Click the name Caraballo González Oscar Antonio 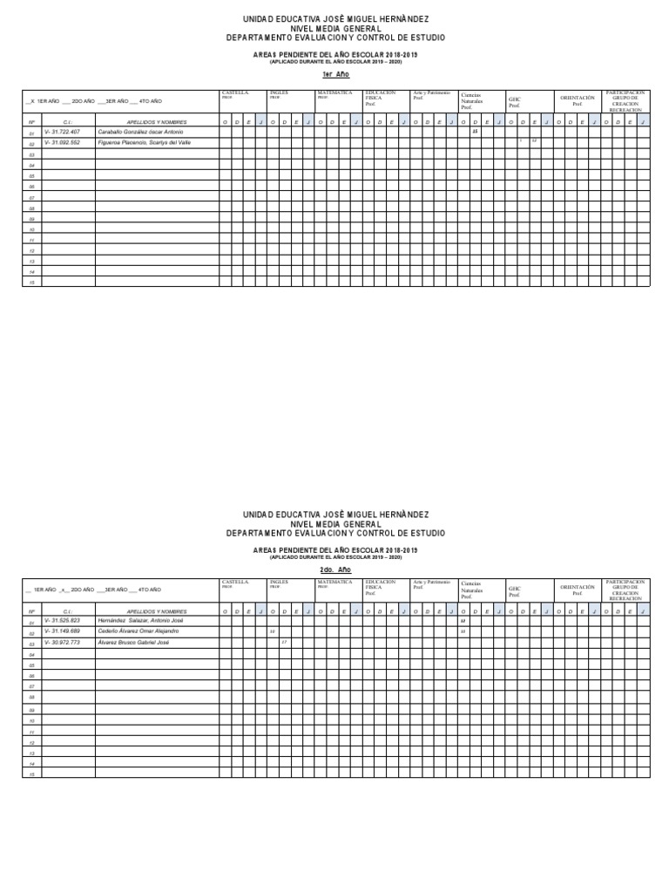click(x=141, y=132)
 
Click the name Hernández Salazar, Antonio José click(x=140, y=620)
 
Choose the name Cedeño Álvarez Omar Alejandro click(x=139, y=631)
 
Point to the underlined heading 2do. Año click(x=335, y=567)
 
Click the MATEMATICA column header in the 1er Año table click(x=334, y=92)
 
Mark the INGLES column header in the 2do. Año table click(x=279, y=581)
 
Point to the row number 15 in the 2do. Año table click(x=31, y=774)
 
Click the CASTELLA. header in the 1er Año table click(x=235, y=92)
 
